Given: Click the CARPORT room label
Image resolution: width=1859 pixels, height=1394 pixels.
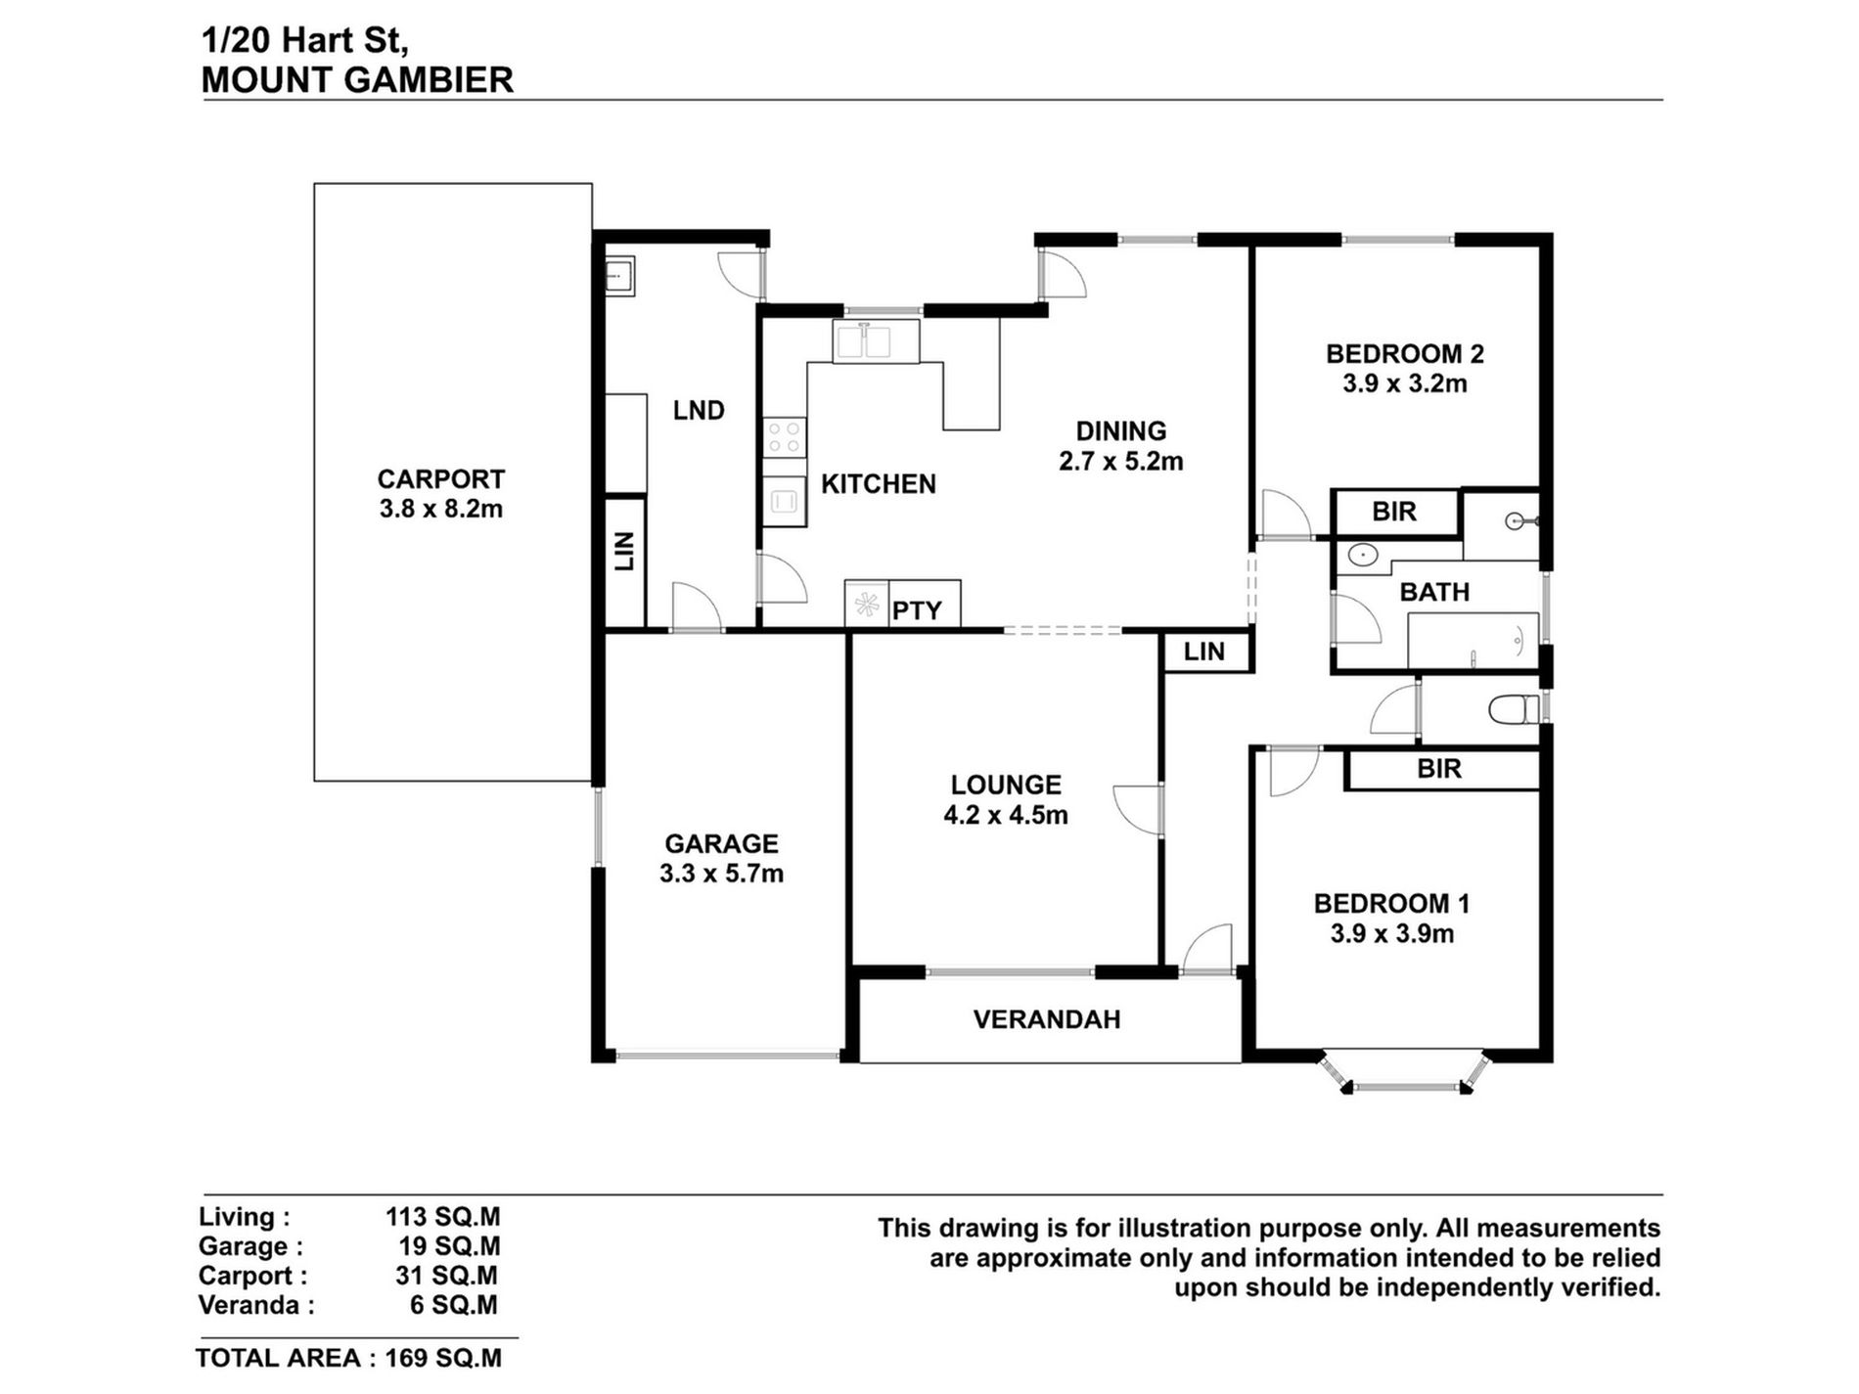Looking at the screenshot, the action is click(441, 479).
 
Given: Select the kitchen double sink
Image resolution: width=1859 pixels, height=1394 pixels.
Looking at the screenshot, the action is click(876, 341).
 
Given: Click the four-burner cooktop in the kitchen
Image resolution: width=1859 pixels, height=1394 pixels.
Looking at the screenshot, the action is click(784, 436).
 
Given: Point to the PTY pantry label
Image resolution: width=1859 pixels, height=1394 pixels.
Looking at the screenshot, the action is click(917, 610).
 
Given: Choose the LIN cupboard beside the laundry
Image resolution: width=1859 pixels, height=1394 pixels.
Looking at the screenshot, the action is click(625, 562).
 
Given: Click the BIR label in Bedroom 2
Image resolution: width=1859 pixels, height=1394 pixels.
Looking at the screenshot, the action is click(1394, 512).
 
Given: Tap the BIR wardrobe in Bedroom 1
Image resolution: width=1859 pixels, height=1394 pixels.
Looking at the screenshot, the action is click(1441, 769).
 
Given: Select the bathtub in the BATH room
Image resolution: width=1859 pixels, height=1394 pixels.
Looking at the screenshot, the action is click(1473, 641).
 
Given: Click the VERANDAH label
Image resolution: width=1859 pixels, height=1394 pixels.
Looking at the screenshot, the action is click(1047, 1019).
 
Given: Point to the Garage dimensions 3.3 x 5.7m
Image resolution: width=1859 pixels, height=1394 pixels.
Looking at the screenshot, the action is click(721, 874).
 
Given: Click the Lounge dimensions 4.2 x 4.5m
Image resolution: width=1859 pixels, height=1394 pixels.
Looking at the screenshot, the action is click(1006, 815).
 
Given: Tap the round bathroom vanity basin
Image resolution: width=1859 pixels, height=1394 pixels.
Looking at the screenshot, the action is click(1361, 556).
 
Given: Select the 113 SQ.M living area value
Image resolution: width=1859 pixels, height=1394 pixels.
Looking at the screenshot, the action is click(442, 1217).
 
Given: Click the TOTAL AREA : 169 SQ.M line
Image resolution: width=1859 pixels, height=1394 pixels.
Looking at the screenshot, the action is click(348, 1358).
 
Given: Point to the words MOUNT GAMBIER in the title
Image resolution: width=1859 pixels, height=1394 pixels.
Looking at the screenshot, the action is click(357, 80).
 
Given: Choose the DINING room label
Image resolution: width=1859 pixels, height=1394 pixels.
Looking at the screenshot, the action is click(1121, 431).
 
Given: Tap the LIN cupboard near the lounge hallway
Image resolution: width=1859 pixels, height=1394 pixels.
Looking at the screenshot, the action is click(1204, 652).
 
